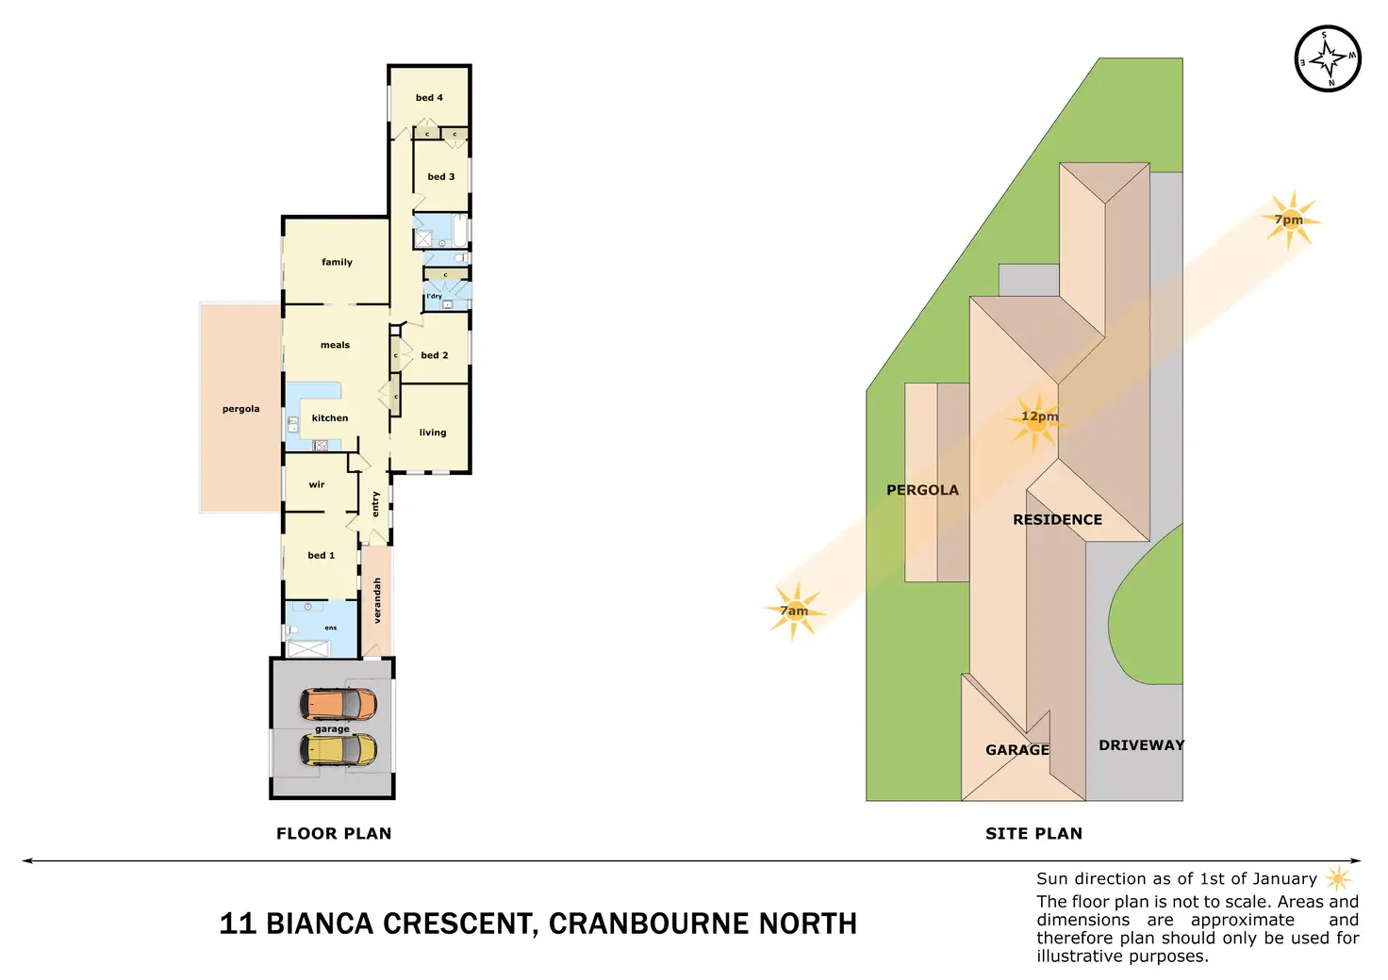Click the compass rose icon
point(1328,58)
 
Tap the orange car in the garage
point(339,703)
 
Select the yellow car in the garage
point(339,750)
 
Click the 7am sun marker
point(794,611)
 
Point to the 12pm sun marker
point(1038,418)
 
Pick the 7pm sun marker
point(1290,220)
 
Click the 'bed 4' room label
point(429,98)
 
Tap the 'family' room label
point(337,262)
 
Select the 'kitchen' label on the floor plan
point(330,418)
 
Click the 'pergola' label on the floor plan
point(240,409)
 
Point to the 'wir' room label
point(317,485)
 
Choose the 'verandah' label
point(377,600)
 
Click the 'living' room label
point(433,433)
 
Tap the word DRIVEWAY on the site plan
point(1141,745)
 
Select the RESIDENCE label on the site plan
point(1057,520)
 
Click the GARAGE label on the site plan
point(1016,750)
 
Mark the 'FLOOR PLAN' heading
point(334,834)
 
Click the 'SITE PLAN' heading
point(1033,834)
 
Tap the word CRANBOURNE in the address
point(637,923)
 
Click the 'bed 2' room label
point(435,355)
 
